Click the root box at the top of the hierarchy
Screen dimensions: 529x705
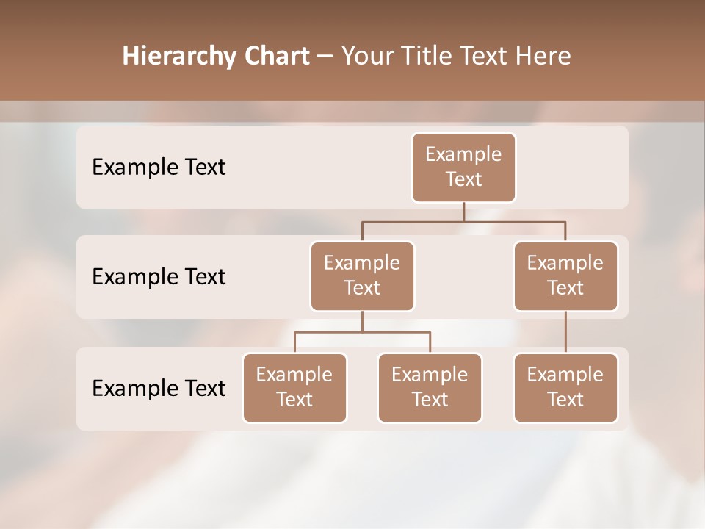pos(463,167)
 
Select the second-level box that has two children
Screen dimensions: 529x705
pos(362,276)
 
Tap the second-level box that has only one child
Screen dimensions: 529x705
pos(565,276)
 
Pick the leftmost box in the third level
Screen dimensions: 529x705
pos(294,387)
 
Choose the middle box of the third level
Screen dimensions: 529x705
pos(430,387)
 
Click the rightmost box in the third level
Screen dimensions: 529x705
pos(565,387)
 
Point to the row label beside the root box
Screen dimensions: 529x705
pos(159,168)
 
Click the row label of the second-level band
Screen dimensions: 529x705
pos(159,277)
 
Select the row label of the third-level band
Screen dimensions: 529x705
pos(159,388)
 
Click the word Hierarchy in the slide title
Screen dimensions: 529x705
pos(179,57)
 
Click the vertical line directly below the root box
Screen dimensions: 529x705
pos(463,212)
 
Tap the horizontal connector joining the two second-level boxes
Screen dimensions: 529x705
pos(463,221)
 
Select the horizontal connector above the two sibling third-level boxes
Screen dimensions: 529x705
pos(362,332)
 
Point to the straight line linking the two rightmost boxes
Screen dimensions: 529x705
pos(565,332)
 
